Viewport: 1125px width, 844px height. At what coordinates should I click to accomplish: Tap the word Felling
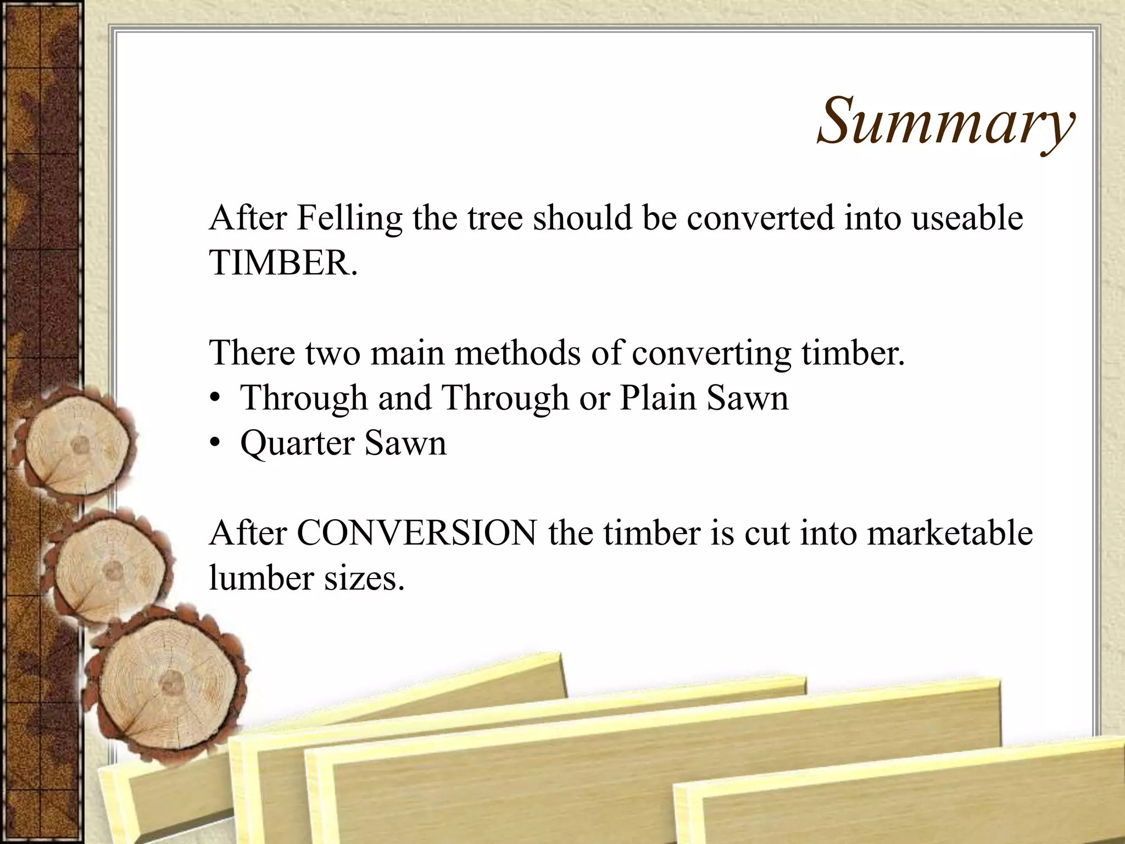(x=349, y=218)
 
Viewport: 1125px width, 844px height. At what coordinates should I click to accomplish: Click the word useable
(x=967, y=218)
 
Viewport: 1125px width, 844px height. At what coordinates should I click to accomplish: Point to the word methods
(x=517, y=353)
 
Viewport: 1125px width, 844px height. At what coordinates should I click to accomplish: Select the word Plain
(x=658, y=398)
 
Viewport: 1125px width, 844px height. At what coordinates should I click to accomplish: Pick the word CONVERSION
(x=417, y=533)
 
